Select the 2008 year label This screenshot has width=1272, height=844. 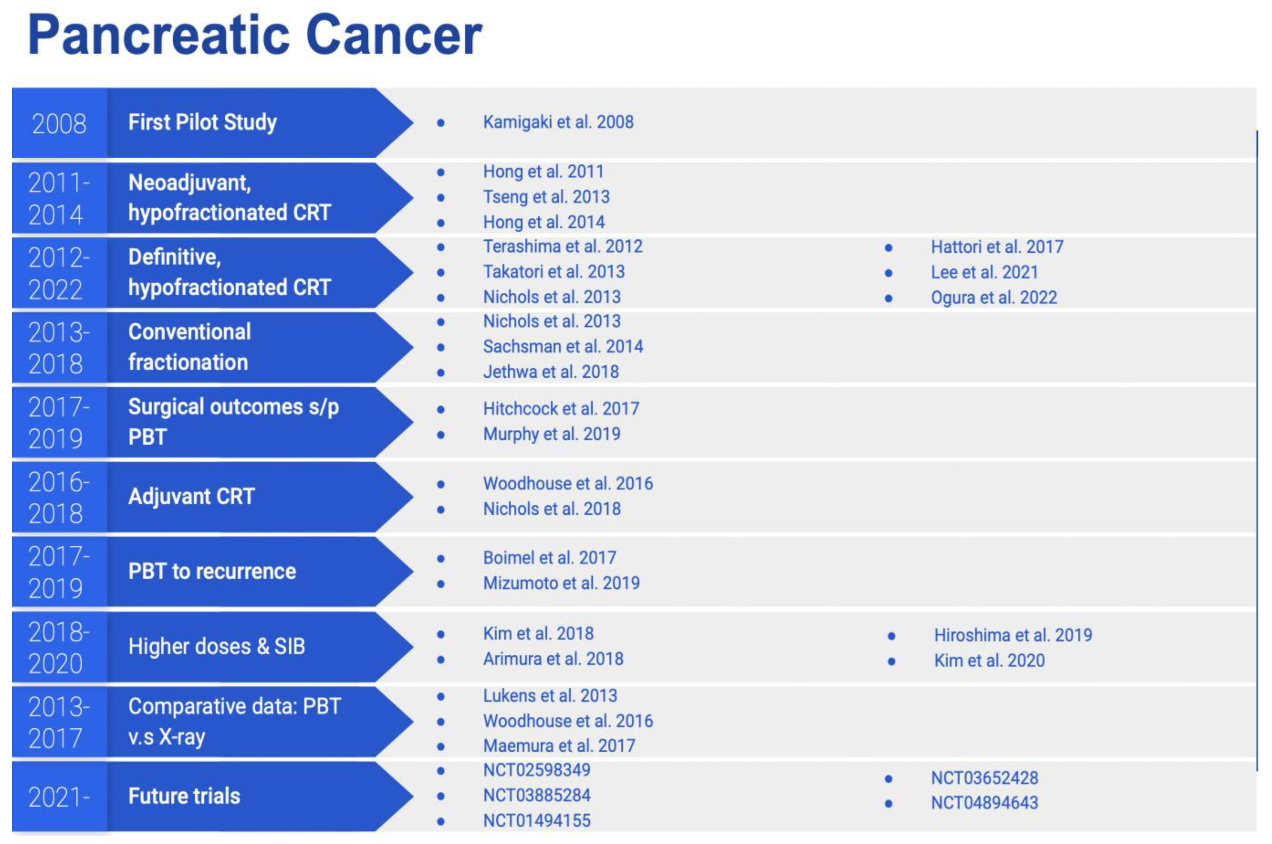tap(59, 124)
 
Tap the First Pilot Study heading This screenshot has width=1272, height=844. tap(202, 122)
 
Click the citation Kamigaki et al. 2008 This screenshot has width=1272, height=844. tap(558, 122)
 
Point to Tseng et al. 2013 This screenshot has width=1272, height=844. tap(546, 197)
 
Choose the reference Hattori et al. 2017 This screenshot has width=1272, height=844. tap(997, 247)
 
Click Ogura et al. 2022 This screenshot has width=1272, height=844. tap(993, 298)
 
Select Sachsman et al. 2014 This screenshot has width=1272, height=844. tap(563, 347)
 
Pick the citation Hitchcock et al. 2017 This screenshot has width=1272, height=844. tap(560, 409)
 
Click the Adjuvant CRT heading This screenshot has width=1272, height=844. tap(191, 496)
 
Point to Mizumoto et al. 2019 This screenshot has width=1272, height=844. tap(561, 584)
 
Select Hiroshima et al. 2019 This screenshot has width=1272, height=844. tap(1013, 636)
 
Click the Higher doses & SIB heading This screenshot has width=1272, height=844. tap(216, 647)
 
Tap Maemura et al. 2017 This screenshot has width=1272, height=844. tap(559, 746)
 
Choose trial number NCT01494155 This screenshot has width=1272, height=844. tap(536, 821)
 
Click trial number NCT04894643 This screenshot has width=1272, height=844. tap(984, 803)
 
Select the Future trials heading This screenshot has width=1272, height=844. tap(184, 796)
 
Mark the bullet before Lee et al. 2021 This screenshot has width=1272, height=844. tap(889, 273)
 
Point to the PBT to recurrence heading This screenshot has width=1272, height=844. tap(212, 572)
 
